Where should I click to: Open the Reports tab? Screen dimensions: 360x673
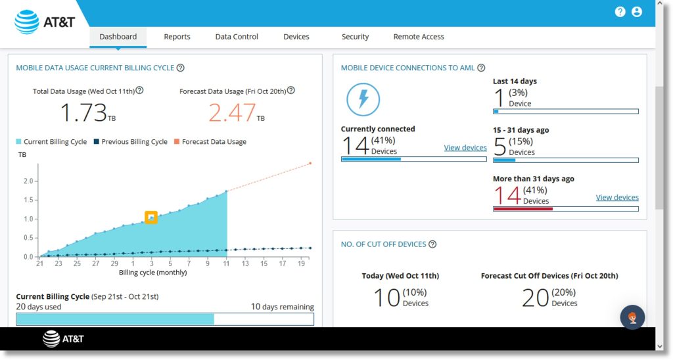tap(177, 37)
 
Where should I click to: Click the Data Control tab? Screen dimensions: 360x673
tap(237, 37)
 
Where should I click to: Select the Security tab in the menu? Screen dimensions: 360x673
tap(355, 37)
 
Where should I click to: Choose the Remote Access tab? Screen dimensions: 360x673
tap(419, 37)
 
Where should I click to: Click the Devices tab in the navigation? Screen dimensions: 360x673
tap(296, 37)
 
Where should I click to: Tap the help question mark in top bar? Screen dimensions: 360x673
tap(620, 12)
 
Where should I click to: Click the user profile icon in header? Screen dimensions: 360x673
tap(636, 12)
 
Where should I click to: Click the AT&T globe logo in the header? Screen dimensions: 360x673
tap(28, 22)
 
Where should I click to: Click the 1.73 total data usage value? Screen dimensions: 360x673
tap(83, 113)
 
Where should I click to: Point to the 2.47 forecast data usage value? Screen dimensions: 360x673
tap(231, 113)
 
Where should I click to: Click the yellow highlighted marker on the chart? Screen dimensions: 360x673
tap(151, 217)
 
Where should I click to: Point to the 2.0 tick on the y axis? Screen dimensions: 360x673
tap(28, 181)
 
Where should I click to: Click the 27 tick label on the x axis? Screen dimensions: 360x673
tap(95, 263)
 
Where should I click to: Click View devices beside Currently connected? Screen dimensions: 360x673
tap(465, 148)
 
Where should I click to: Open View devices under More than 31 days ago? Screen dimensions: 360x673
tap(616, 198)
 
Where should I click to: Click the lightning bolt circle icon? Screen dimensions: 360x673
tap(363, 100)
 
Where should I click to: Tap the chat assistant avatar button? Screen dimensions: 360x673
tap(632, 317)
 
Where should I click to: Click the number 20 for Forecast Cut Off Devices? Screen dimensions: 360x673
tap(535, 298)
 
